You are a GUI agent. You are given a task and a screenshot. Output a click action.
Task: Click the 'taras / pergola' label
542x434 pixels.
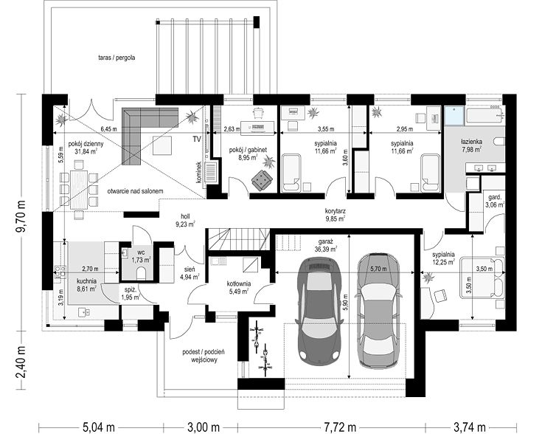coord(117,58)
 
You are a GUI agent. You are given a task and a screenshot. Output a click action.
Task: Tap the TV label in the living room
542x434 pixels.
coord(197,139)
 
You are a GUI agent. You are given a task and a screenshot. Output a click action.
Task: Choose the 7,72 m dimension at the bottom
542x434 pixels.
coord(340,427)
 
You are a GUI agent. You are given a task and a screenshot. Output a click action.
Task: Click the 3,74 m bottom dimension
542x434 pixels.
coord(470,427)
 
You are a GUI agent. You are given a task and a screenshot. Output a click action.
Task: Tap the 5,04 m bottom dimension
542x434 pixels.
coord(99,427)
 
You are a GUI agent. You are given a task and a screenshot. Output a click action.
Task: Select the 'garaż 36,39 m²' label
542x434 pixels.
coord(326,245)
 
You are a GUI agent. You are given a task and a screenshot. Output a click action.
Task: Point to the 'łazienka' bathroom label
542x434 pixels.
coord(472,142)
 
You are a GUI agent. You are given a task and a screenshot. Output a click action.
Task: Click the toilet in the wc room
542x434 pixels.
coord(142,273)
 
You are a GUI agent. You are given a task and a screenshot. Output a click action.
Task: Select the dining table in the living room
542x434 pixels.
coord(79,189)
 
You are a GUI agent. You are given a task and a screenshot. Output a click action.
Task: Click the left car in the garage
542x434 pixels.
coord(319,311)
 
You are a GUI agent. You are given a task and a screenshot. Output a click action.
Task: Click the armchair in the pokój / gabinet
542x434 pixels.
coord(262,179)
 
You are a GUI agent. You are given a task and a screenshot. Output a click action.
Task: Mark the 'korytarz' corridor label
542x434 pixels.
coord(336,211)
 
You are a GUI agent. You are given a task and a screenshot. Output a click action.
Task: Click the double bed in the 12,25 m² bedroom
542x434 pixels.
coord(483,277)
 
